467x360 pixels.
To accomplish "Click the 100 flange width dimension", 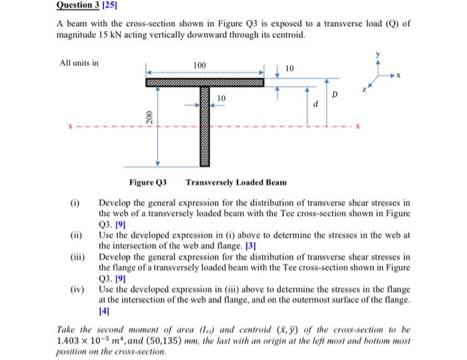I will [199, 65].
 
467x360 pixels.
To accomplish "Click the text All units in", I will [79, 63].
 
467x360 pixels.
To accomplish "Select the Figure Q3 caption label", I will [147, 183].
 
